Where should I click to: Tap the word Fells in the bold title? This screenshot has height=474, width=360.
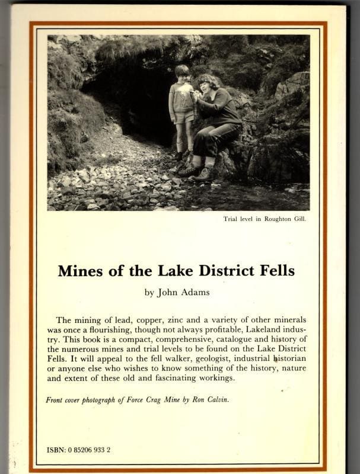(x=273, y=271)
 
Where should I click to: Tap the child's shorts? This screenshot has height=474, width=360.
(x=183, y=116)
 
